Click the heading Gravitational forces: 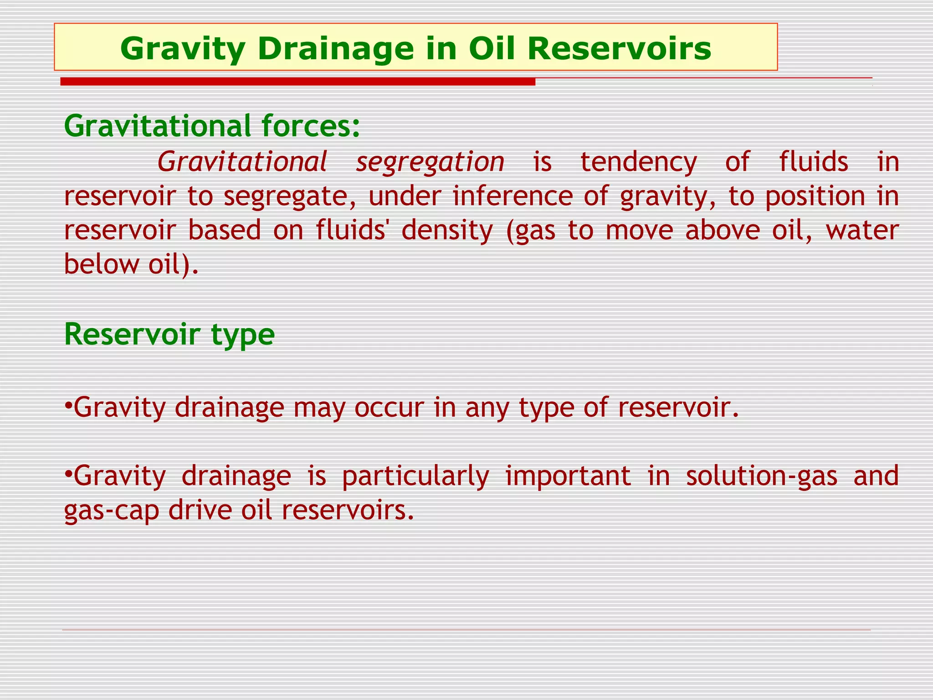click(x=212, y=126)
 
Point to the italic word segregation click(x=430, y=162)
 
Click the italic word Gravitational click(x=242, y=162)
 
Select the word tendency click(x=639, y=162)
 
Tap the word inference click(x=513, y=196)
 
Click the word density click(x=447, y=230)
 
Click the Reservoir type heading click(x=169, y=334)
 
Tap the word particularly click(x=415, y=476)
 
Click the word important click(x=568, y=476)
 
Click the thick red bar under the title click(x=297, y=82)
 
